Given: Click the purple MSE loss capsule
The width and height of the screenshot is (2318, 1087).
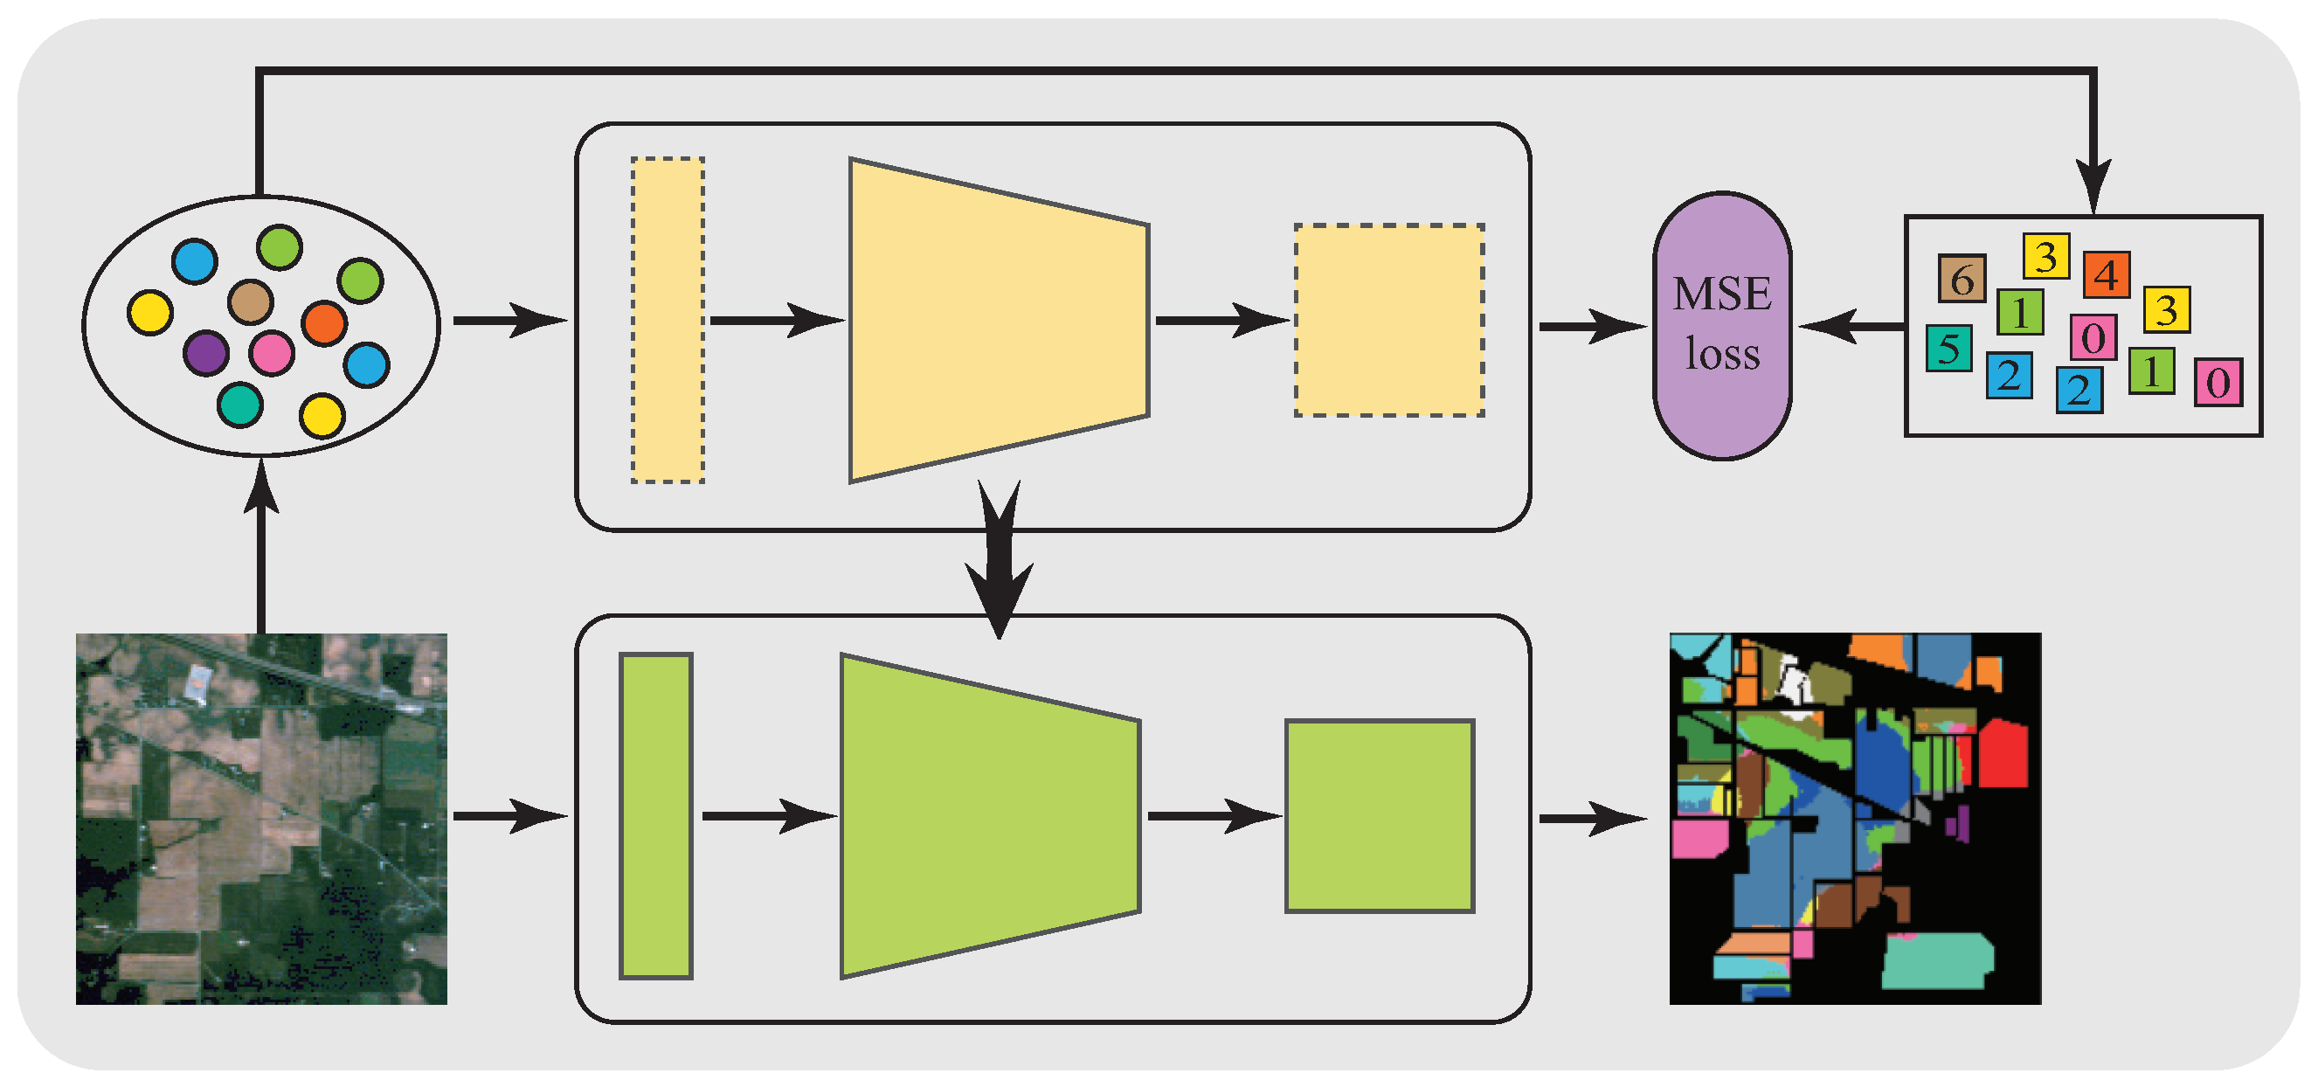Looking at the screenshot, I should pos(1721,326).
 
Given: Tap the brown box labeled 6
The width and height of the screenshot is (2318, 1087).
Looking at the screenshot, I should pos(1962,279).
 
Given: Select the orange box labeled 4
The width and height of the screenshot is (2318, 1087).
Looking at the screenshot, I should pos(2106,274).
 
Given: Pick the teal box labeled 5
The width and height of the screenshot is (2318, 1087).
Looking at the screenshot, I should pos(1948,349).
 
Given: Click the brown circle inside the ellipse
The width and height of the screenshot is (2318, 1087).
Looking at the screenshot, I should pos(250,301).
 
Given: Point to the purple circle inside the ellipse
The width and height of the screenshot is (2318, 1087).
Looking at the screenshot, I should pos(206,353).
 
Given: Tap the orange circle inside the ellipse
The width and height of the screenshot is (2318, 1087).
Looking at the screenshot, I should pos(324,323).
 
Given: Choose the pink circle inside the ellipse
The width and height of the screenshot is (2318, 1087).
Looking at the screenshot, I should pos(271,353).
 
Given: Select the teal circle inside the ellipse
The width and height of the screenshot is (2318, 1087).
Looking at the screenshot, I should pos(240,404).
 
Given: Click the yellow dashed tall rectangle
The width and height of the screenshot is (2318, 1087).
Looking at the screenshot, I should pos(668,321).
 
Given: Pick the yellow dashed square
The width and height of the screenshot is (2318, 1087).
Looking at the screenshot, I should pos(1388,321).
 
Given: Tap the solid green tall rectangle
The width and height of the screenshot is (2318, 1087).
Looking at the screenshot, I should pos(656,815).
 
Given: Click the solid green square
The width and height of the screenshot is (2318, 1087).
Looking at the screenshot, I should pos(1379,815).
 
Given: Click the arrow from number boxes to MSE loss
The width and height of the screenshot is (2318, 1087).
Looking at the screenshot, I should pos(1849,326).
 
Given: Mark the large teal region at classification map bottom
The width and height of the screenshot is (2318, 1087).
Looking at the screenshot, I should pos(1934,961).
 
